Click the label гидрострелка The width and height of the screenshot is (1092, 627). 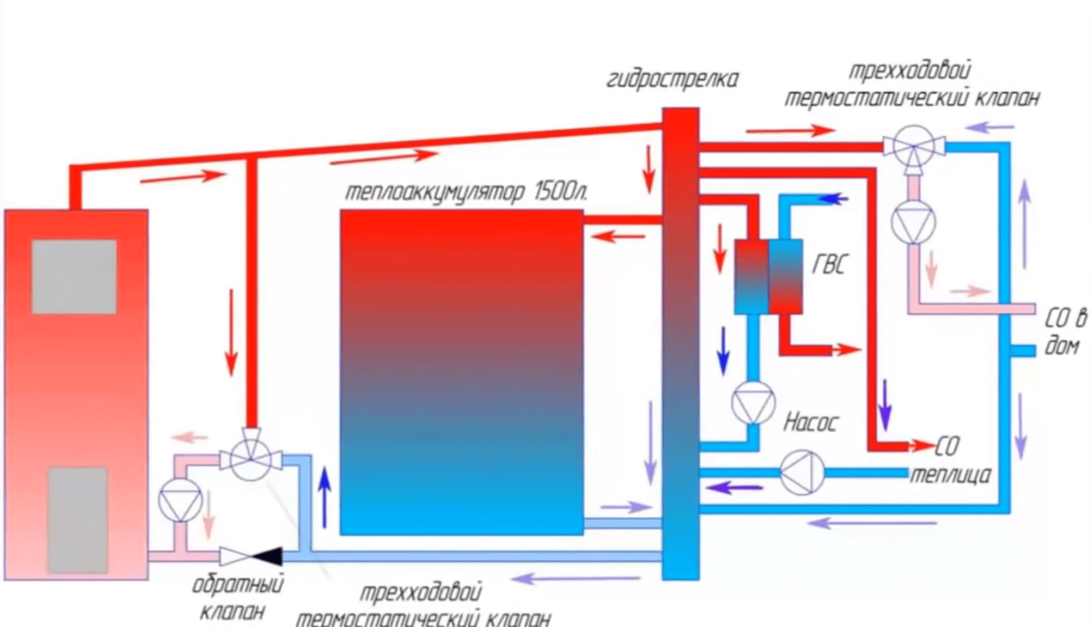point(672,79)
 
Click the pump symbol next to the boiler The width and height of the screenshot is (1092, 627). point(179,500)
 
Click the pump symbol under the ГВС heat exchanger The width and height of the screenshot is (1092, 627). point(753,402)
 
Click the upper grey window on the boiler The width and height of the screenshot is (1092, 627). point(75,277)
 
